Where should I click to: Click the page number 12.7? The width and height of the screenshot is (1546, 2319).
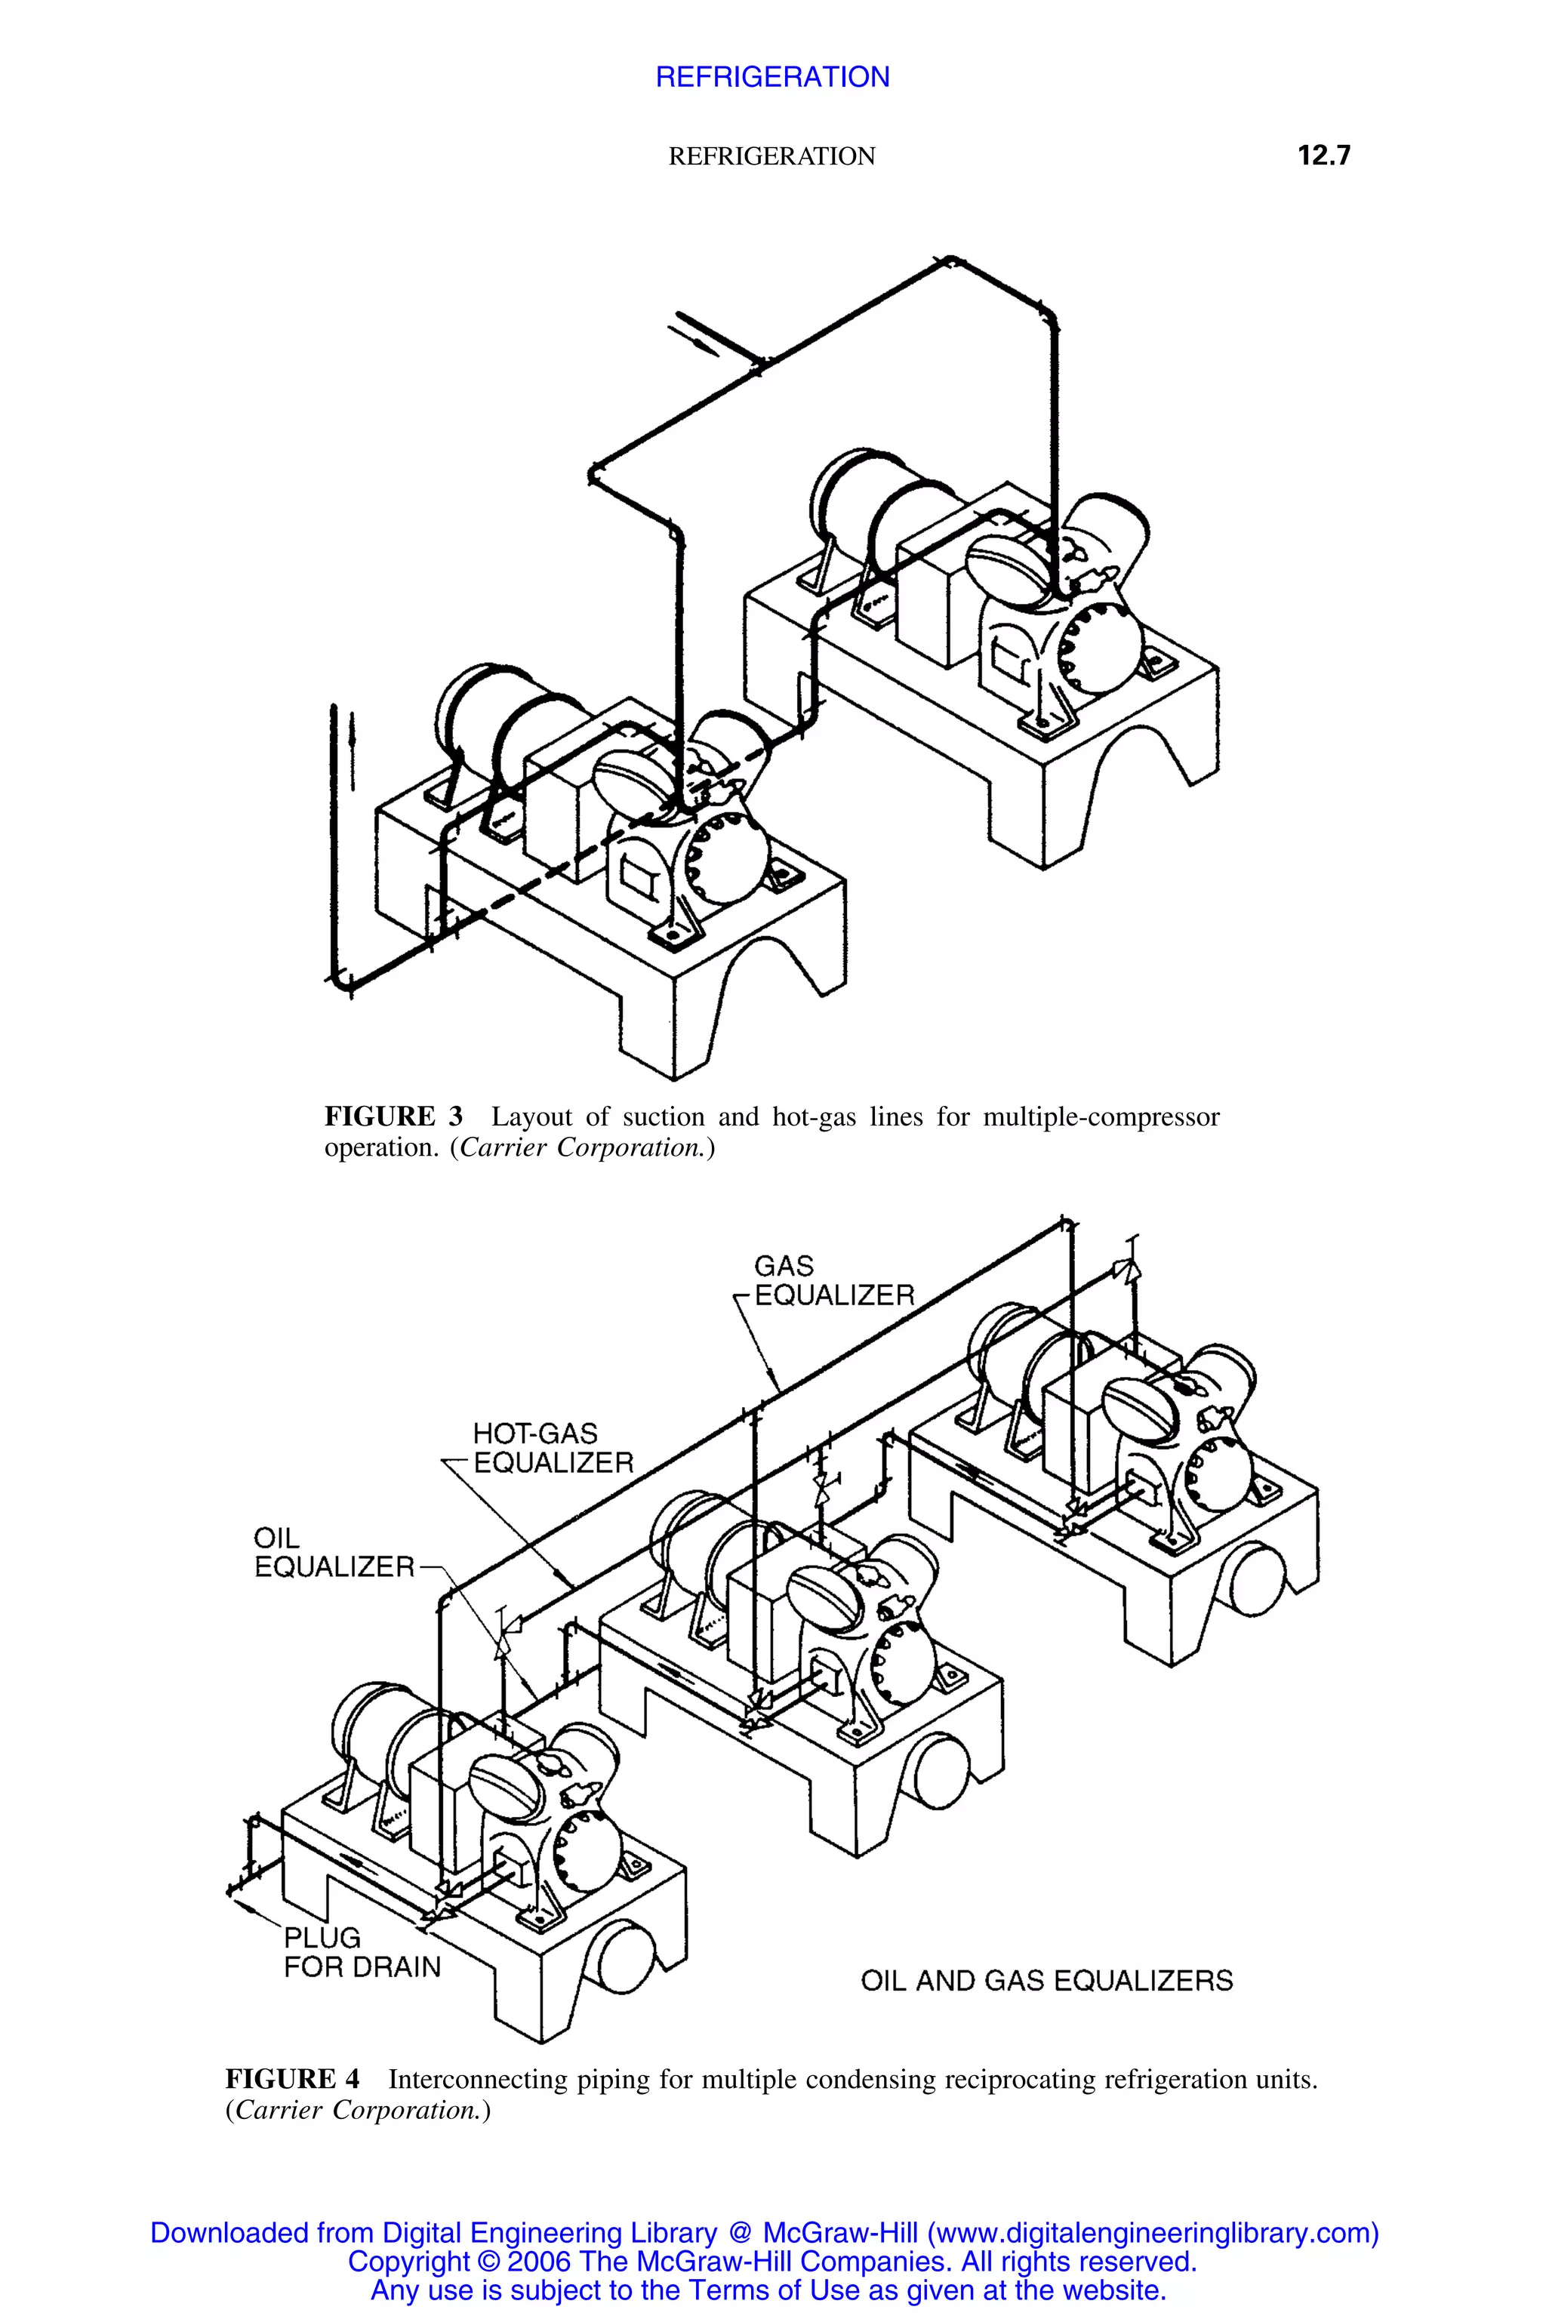pyautogui.click(x=1323, y=156)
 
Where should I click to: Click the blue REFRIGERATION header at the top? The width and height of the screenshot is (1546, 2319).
pyautogui.click(x=772, y=77)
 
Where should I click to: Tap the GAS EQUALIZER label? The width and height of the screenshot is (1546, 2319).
pyautogui.click(x=833, y=1281)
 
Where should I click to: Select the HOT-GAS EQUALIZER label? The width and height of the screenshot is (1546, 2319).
pyautogui.click(x=552, y=1449)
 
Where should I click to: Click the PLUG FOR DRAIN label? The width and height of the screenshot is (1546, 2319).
pyautogui.click(x=361, y=1952)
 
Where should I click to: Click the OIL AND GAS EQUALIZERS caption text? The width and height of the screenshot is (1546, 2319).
pyautogui.click(x=1046, y=1981)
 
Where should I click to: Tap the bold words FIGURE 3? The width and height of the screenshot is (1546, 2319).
pyautogui.click(x=393, y=1117)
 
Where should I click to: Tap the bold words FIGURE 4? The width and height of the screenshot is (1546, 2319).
pyautogui.click(x=293, y=2080)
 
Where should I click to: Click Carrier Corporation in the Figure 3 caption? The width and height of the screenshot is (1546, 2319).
pyautogui.click(x=582, y=1147)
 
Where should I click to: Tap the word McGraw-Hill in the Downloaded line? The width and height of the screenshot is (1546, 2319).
pyautogui.click(x=840, y=2233)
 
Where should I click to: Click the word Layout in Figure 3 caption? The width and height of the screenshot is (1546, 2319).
pyautogui.click(x=531, y=1117)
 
